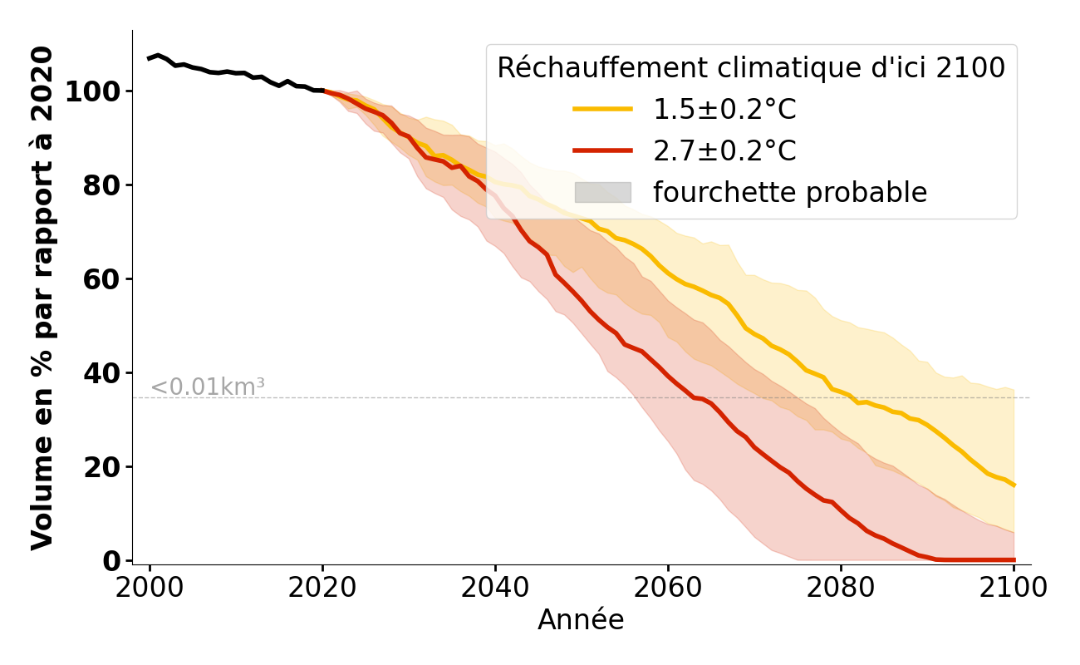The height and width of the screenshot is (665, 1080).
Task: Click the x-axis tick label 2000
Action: (x=150, y=588)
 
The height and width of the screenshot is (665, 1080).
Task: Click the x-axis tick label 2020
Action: (x=322, y=588)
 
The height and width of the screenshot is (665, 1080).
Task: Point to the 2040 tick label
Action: (x=495, y=588)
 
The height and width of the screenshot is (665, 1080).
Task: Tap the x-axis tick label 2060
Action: (x=668, y=588)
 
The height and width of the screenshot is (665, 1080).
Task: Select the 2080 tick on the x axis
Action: (x=841, y=588)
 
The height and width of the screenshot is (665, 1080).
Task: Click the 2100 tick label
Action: (x=1014, y=588)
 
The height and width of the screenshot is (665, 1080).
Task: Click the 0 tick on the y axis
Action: (x=111, y=561)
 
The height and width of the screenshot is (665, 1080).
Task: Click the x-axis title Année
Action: (x=581, y=620)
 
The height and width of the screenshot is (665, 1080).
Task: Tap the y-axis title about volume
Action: (x=42, y=298)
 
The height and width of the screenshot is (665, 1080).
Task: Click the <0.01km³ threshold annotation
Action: (x=208, y=387)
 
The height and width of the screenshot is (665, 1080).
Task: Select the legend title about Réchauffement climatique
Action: (x=751, y=68)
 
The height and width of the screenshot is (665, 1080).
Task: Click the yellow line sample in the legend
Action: (x=603, y=109)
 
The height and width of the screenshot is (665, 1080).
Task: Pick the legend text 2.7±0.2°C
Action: (x=724, y=151)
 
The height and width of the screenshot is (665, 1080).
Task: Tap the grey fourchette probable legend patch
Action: (x=603, y=193)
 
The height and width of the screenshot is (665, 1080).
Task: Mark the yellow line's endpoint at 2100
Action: (x=1014, y=485)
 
